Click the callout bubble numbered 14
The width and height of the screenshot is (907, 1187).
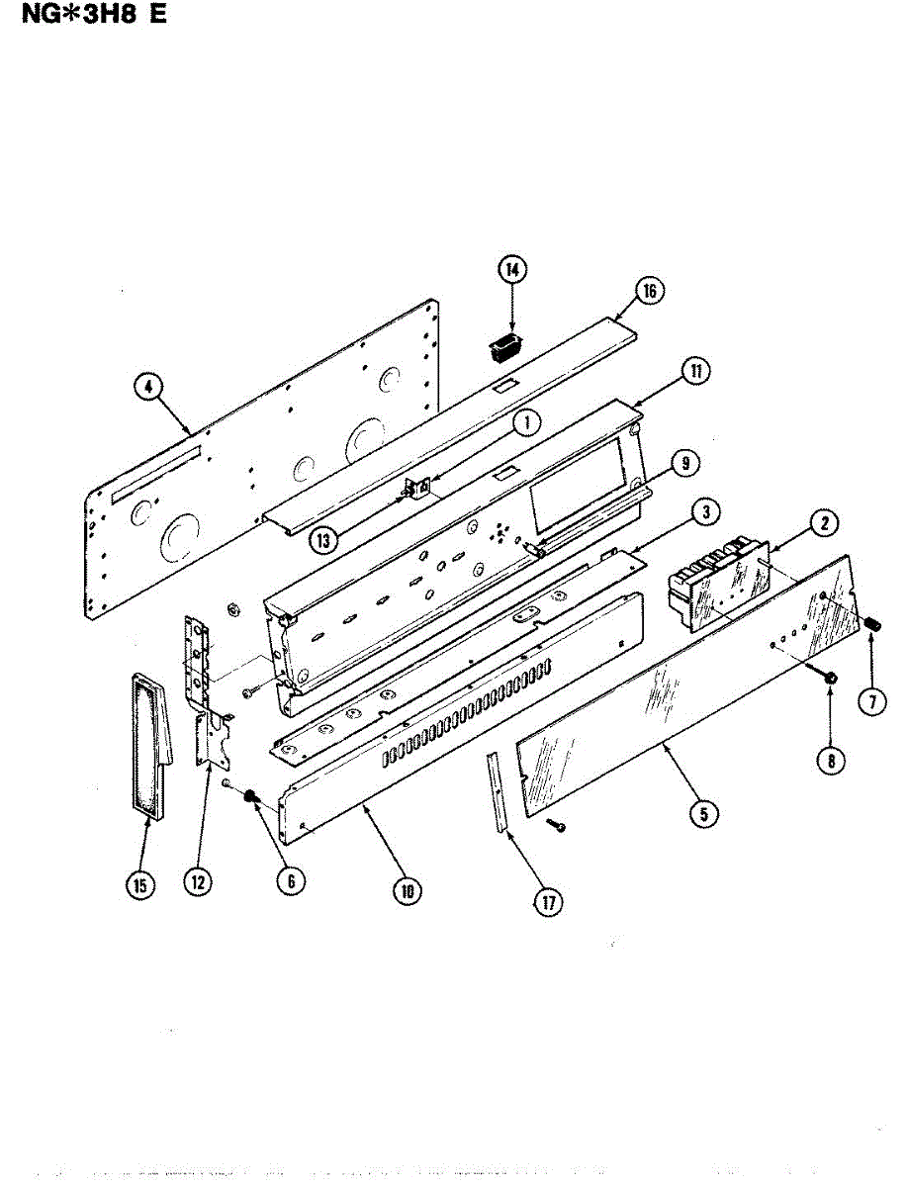click(x=512, y=269)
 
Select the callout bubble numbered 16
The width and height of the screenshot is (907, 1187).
click(x=649, y=291)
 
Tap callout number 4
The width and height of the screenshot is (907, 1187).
click(x=147, y=388)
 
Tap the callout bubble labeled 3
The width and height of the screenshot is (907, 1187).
click(x=703, y=511)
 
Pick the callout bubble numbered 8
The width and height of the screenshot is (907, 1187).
click(x=831, y=761)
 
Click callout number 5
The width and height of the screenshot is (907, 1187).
click(x=703, y=814)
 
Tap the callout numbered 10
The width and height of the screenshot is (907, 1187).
click(x=406, y=890)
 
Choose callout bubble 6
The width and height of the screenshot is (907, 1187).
click(x=290, y=881)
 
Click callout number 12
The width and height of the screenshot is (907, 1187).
click(x=199, y=883)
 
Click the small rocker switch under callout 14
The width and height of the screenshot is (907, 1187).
click(x=507, y=347)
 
